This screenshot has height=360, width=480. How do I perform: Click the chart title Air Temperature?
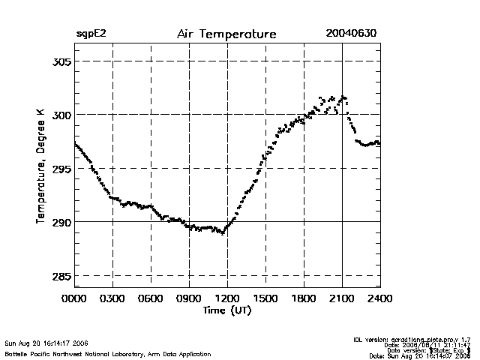click(226, 34)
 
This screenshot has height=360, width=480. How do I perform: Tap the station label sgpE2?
click(91, 34)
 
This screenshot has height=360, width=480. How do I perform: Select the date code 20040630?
click(351, 34)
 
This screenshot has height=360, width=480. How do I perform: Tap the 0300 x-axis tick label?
click(113, 298)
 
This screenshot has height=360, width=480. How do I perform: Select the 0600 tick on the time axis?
click(151, 298)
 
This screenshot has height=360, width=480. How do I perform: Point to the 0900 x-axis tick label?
click(190, 298)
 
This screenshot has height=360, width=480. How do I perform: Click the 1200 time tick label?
click(228, 298)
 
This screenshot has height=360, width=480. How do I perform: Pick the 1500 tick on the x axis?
click(265, 298)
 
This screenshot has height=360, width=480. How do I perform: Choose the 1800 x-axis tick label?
click(304, 298)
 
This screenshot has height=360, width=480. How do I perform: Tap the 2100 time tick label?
click(342, 298)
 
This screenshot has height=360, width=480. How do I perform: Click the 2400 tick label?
click(380, 298)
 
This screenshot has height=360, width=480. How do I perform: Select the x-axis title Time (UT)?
click(226, 310)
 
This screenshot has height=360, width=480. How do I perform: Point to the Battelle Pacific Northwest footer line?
click(108, 353)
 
